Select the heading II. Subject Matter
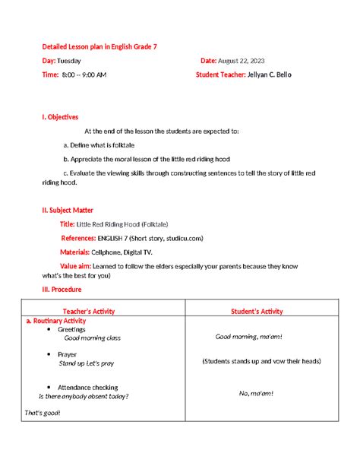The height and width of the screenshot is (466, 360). click(x=68, y=210)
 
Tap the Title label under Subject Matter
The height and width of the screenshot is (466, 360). click(x=67, y=224)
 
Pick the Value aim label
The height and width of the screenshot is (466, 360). click(x=76, y=265)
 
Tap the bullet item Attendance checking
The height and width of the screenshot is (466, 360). click(x=87, y=388)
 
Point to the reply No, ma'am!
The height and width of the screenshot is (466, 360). click(x=256, y=393)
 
